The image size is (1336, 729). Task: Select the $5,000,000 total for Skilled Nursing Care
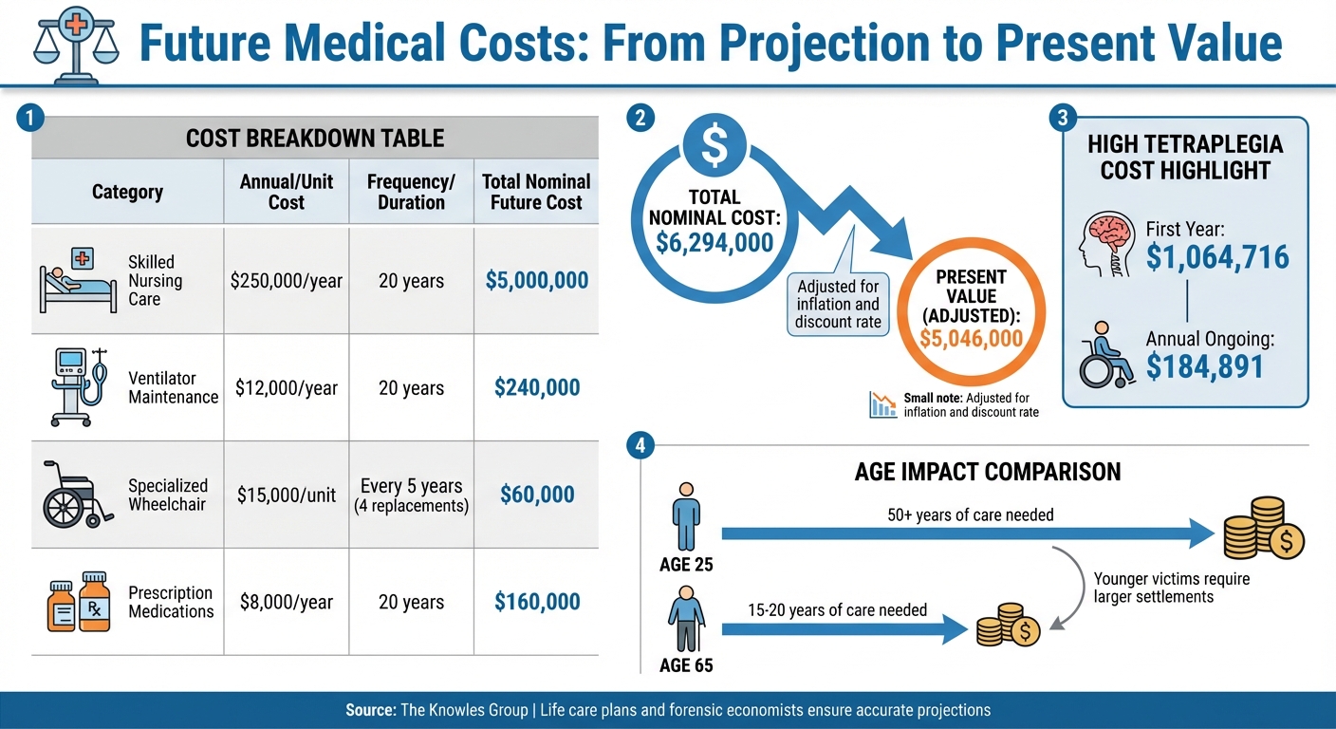click(536, 281)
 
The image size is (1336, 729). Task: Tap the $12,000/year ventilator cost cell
click(286, 387)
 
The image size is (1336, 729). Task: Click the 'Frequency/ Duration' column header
click(411, 192)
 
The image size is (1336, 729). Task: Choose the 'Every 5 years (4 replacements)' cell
click(411, 495)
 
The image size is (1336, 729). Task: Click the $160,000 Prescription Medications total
click(536, 602)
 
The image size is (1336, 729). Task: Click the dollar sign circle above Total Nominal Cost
click(714, 143)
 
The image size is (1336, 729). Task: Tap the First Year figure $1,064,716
click(1217, 256)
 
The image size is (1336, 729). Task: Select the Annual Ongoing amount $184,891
click(1205, 365)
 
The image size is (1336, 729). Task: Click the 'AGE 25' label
click(686, 565)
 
